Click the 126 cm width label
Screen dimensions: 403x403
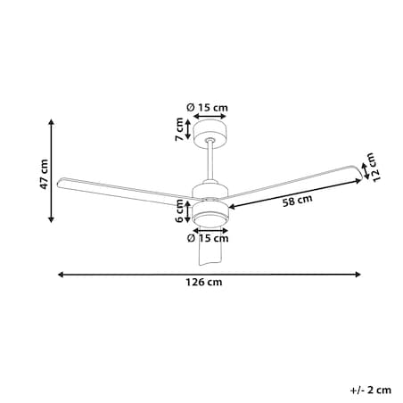(204, 282)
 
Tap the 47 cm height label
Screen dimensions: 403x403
(44, 175)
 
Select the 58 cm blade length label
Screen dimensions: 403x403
(297, 201)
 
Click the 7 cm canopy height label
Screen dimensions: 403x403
(179, 129)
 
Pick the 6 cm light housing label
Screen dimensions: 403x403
(179, 211)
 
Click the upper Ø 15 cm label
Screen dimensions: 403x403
(207, 107)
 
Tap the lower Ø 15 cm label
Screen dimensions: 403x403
(208, 238)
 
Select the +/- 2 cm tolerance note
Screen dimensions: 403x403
(371, 390)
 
